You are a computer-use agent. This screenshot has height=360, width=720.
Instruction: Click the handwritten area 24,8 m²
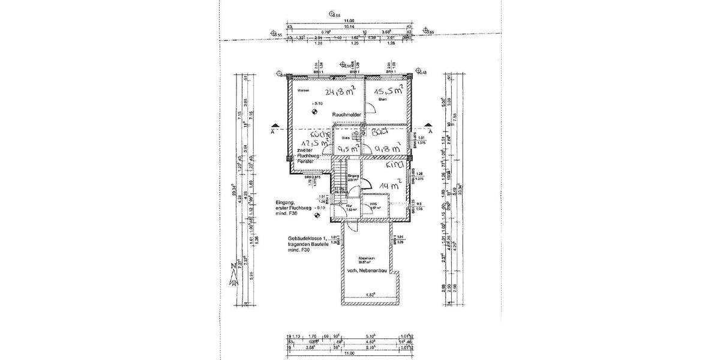click(340, 92)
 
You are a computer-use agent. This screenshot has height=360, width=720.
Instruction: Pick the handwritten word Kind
click(394, 164)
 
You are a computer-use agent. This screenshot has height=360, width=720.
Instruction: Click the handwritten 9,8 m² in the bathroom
click(387, 148)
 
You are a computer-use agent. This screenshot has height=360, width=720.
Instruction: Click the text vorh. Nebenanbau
click(369, 271)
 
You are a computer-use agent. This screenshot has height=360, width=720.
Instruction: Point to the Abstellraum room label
click(368, 259)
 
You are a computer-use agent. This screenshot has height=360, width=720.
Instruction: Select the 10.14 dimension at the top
click(340, 27)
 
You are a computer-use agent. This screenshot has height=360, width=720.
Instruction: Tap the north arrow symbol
click(232, 275)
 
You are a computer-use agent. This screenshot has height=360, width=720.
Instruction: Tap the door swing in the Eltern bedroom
click(371, 109)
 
